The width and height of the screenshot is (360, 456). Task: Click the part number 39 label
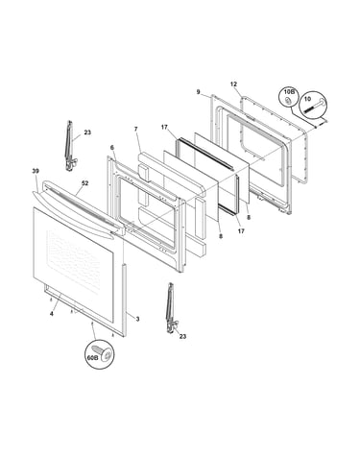36,171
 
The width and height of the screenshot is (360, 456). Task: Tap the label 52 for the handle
84,183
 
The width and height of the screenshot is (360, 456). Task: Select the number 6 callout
111,147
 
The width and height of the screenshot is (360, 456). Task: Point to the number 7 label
135,129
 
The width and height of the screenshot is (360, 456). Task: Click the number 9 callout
198,92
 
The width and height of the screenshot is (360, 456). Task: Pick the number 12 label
233,84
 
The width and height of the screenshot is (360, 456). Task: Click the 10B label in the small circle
288,92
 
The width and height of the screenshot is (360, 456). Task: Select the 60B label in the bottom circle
92,358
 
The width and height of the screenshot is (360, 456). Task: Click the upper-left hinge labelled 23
70,146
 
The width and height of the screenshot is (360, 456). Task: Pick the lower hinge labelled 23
172,309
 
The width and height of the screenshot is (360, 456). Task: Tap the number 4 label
51,314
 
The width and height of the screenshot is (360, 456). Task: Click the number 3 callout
137,319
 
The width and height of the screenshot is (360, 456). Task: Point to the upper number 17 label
164,128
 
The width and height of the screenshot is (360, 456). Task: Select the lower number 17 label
241,230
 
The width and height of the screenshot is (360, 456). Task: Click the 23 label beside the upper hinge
87,132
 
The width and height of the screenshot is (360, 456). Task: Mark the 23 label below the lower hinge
182,336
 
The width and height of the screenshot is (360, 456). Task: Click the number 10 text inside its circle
307,99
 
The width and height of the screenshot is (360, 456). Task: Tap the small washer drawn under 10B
287,101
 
